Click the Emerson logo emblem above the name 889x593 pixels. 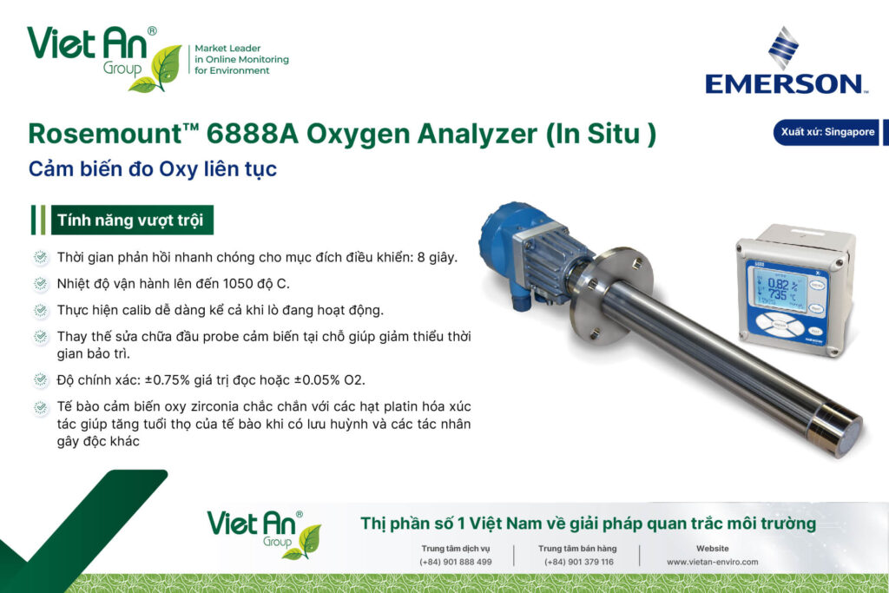[x=784, y=48]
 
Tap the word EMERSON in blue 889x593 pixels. [x=784, y=84]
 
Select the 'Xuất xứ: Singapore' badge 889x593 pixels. [x=826, y=132]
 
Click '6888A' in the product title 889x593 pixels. [x=253, y=134]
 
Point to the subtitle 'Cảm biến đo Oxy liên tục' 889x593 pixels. [x=153, y=169]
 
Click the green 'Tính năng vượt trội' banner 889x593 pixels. [x=132, y=220]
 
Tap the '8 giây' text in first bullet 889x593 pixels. [x=437, y=257]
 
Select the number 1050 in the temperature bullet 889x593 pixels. [x=238, y=283]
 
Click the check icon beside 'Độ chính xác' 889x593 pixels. [x=41, y=379]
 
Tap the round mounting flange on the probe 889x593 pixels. [x=611, y=296]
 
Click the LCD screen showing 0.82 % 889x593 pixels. [x=780, y=289]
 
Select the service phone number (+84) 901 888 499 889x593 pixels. [x=456, y=562]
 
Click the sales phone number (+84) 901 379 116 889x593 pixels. [x=579, y=562]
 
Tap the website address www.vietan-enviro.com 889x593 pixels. [x=712, y=562]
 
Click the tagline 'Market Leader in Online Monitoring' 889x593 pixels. [x=241, y=54]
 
